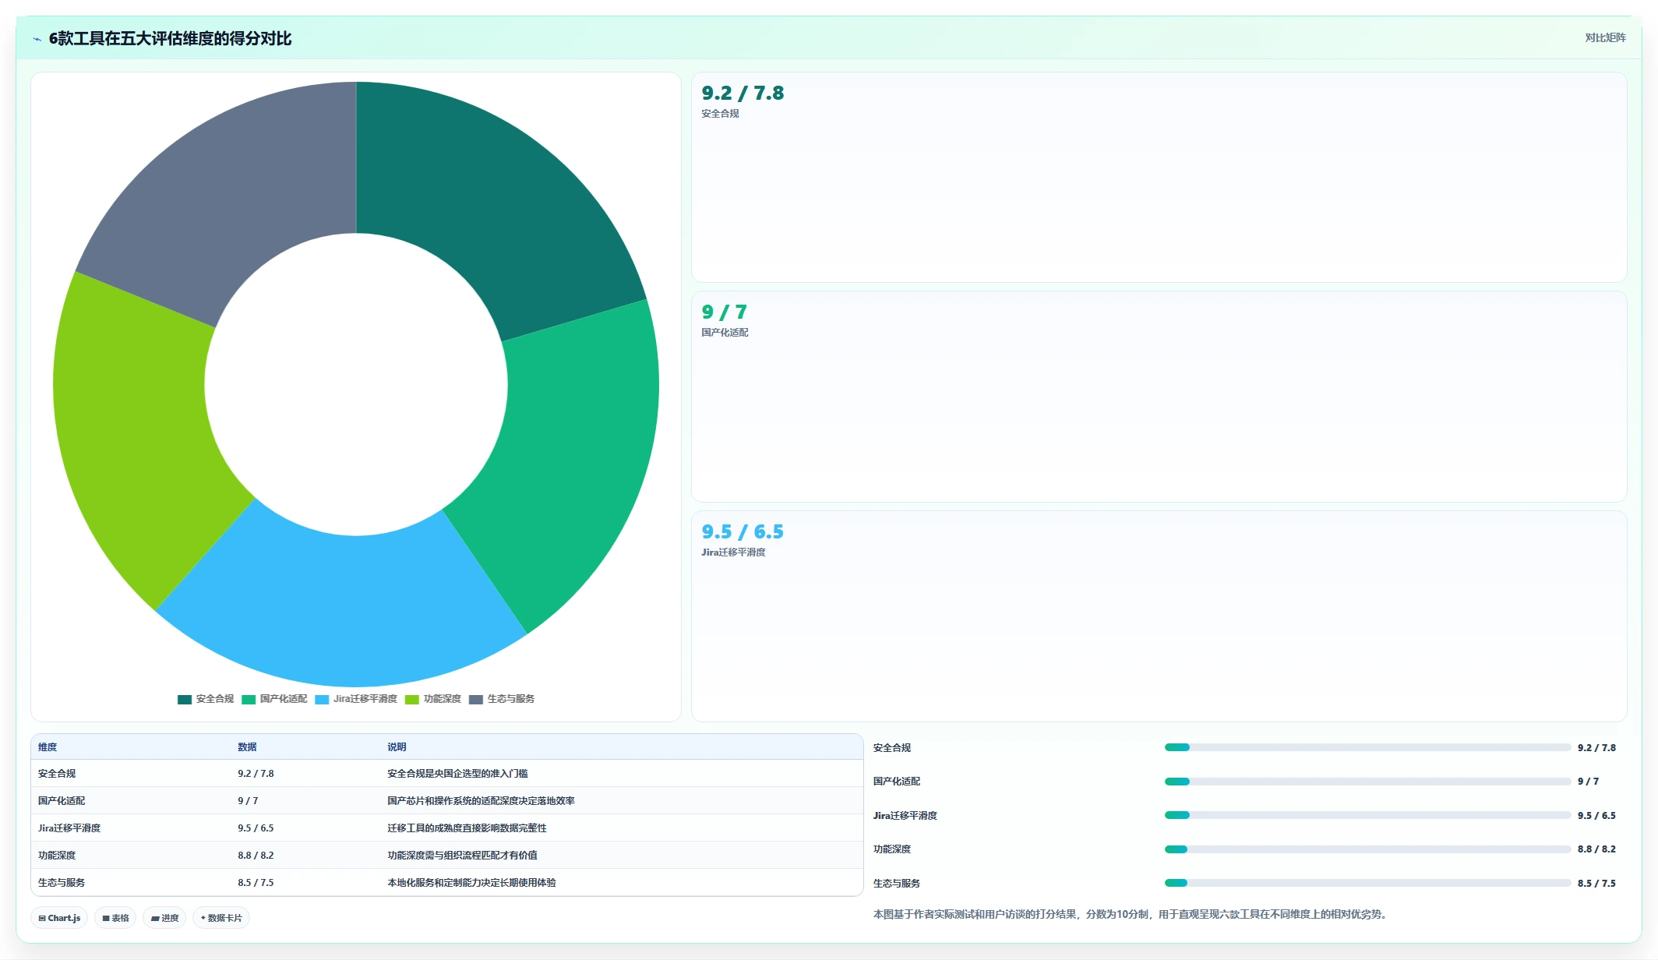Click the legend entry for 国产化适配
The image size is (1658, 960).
point(274,699)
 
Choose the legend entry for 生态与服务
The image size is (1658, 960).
point(502,699)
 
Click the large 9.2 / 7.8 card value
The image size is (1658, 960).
point(743,94)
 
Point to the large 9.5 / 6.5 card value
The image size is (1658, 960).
point(743,532)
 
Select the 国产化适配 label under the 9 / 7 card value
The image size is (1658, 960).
point(725,333)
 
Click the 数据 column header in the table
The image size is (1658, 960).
point(247,747)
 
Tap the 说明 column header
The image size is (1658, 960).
point(397,747)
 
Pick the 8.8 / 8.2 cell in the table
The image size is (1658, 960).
point(256,856)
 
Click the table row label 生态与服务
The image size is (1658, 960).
point(62,883)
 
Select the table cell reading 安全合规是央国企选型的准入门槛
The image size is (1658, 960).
point(457,774)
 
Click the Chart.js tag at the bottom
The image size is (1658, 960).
point(59,918)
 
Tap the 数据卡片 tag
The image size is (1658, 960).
point(221,918)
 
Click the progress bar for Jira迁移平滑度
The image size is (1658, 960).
point(1367,815)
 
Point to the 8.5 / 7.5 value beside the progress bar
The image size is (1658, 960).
point(1596,884)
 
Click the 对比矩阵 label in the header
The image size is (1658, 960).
point(1605,38)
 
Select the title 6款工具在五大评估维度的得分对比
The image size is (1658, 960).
point(170,39)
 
